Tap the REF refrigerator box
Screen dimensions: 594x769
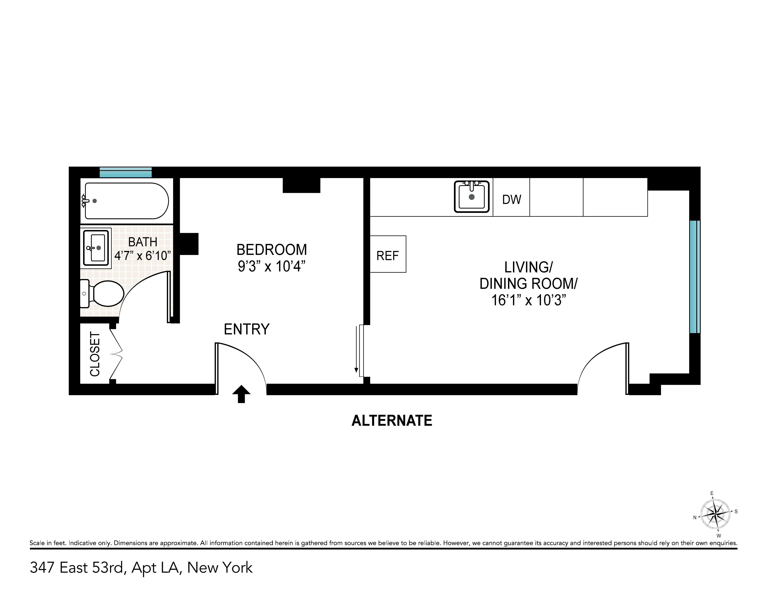pos(388,254)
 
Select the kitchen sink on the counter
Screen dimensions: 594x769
pos(471,197)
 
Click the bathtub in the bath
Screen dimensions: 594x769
pos(126,201)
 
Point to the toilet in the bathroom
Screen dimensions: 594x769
pos(104,293)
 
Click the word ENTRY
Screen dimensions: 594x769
pos(246,329)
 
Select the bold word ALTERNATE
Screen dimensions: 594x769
pos(392,420)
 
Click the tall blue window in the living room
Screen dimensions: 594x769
pos(694,277)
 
